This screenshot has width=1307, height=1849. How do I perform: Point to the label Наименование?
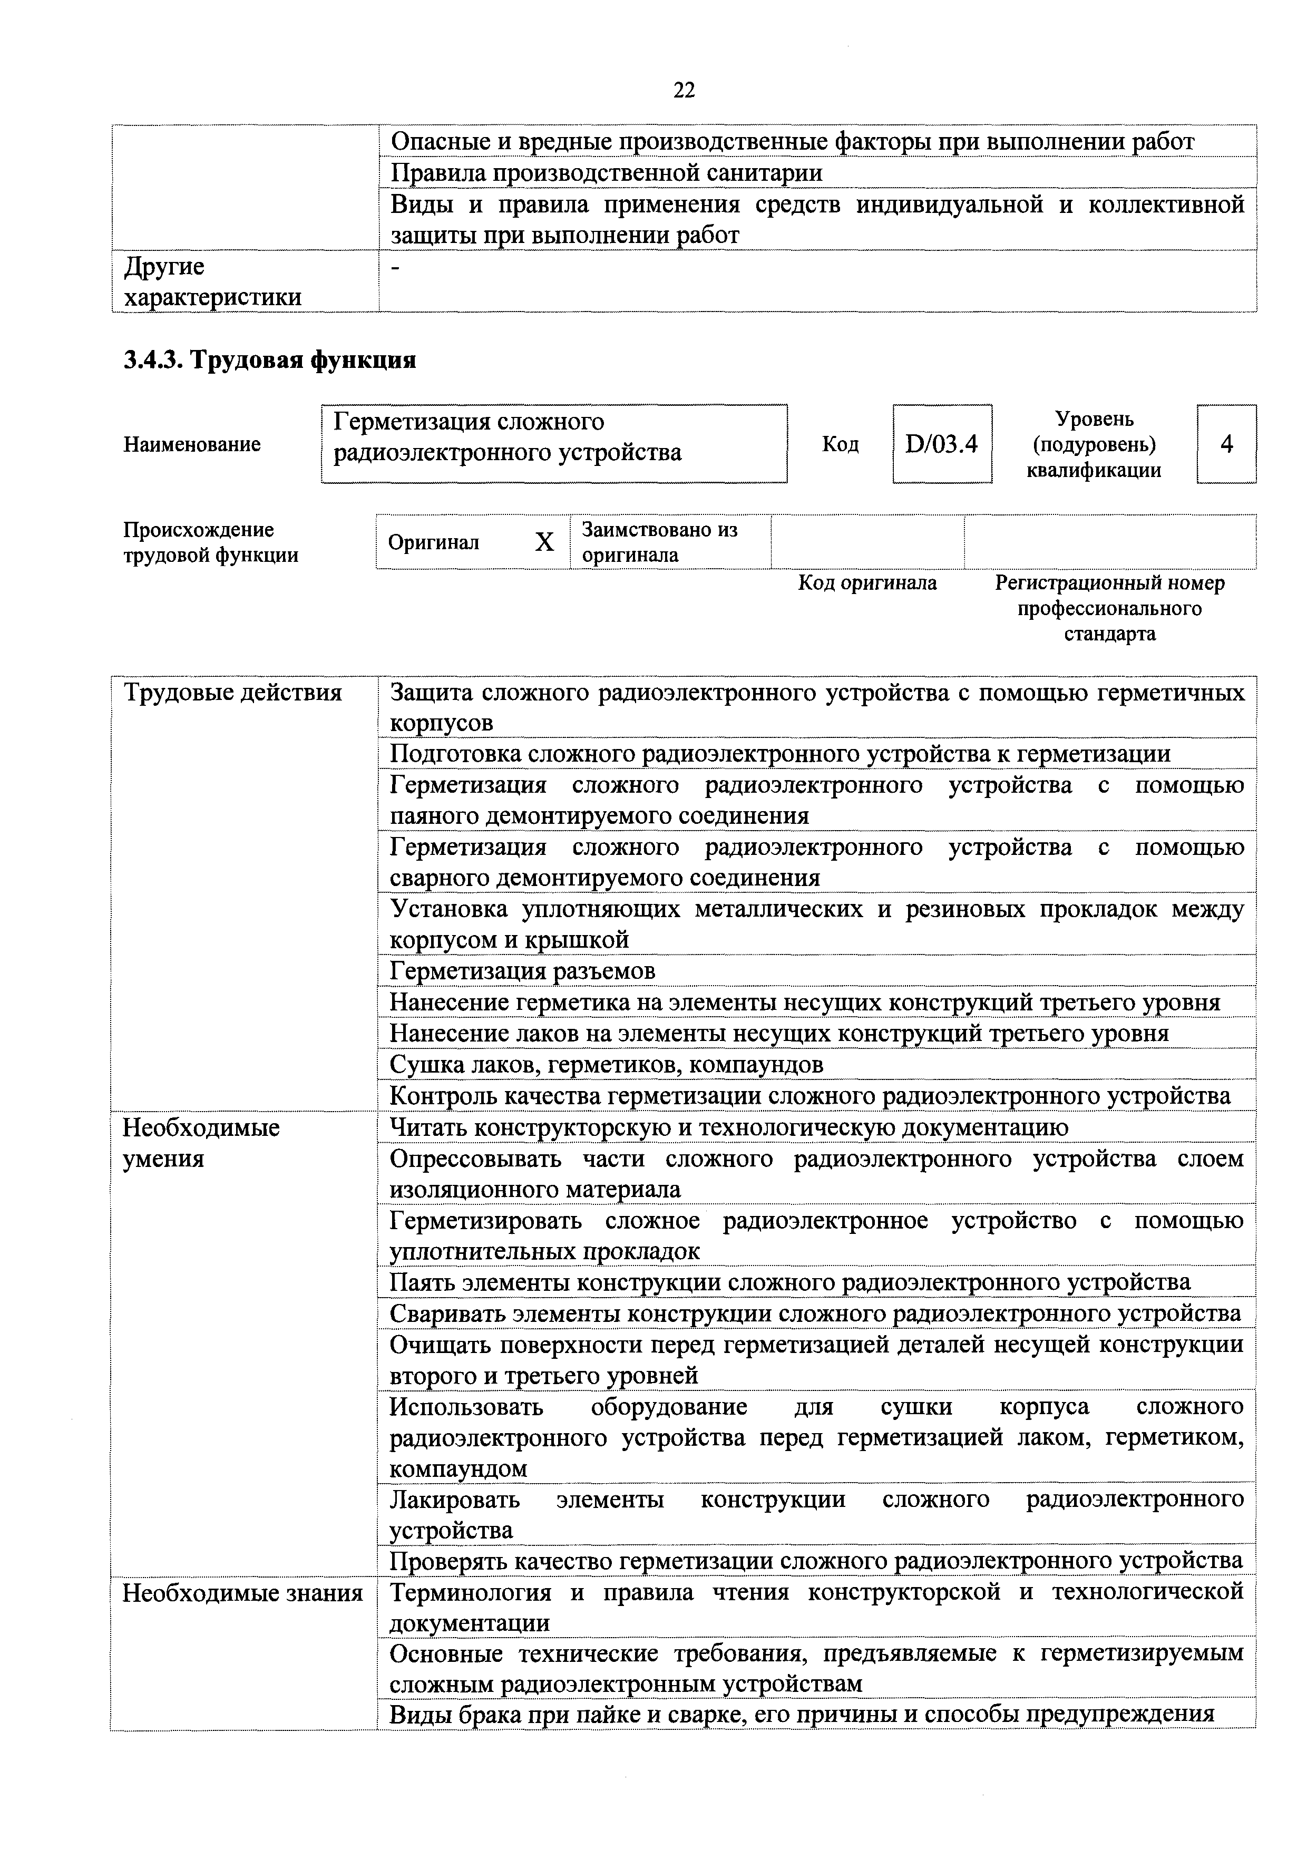click(192, 444)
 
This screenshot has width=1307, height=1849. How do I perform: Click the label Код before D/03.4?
click(840, 444)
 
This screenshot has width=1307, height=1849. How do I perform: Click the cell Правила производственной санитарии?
click(607, 172)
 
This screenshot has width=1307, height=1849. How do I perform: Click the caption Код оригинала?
click(867, 583)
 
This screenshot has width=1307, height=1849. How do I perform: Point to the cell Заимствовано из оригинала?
click(659, 542)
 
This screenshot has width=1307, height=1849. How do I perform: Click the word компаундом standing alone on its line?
click(458, 1468)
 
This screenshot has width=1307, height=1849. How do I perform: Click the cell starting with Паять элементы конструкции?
click(789, 1281)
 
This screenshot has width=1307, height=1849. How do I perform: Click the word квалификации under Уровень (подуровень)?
click(1094, 470)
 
